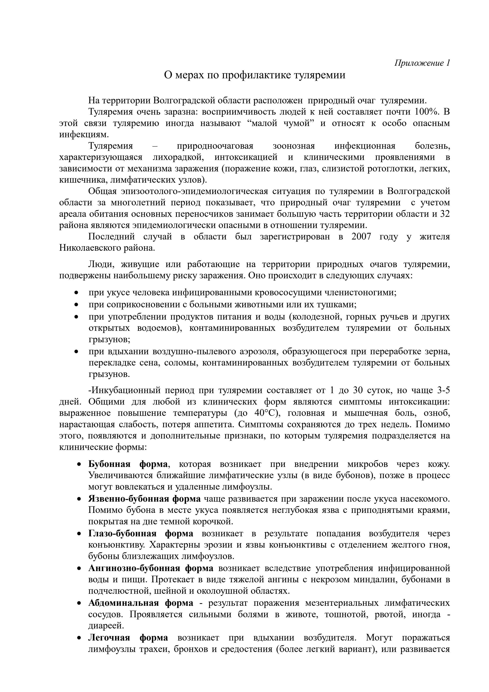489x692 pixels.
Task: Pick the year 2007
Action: tap(362, 237)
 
